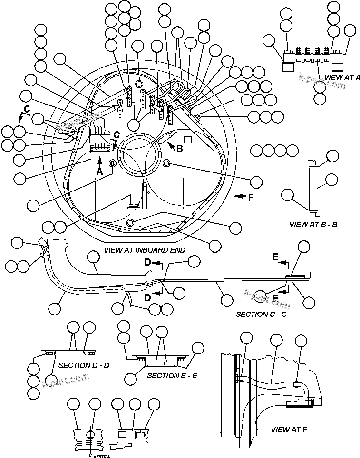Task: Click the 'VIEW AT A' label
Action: coord(341,77)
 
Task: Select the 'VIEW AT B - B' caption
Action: coord(313,224)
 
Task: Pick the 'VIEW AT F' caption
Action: coord(289,429)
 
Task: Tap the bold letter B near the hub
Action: coord(179,149)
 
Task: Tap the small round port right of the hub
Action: coord(167,163)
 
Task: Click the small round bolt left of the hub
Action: coord(113,164)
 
